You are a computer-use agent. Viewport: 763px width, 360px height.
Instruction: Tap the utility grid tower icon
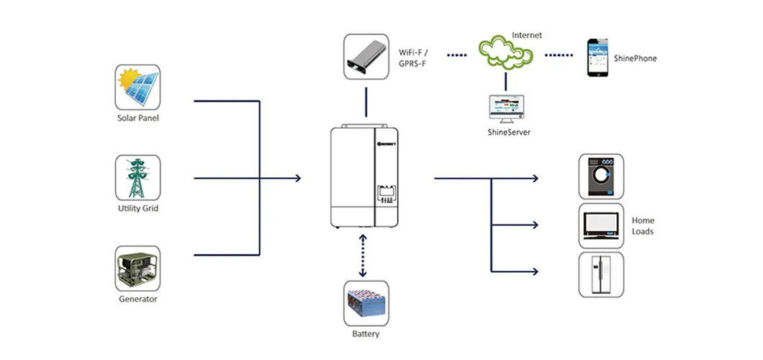click(137, 177)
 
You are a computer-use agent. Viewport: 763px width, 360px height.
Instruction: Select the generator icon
click(137, 269)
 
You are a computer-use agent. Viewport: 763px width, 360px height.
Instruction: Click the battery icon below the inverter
click(366, 303)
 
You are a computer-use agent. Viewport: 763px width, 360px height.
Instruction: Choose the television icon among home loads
click(601, 225)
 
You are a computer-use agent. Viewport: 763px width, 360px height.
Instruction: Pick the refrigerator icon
click(601, 274)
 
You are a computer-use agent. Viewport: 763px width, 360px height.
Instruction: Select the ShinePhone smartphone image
click(596, 58)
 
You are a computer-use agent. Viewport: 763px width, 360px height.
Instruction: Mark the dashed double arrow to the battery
click(363, 256)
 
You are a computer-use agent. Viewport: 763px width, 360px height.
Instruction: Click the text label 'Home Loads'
click(643, 225)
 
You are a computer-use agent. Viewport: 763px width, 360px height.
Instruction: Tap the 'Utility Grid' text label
click(137, 209)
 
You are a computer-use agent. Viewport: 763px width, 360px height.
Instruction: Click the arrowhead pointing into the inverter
click(297, 177)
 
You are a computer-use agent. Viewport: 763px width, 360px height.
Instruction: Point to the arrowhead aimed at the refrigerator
click(535, 271)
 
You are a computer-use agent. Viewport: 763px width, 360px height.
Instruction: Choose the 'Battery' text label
click(366, 334)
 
